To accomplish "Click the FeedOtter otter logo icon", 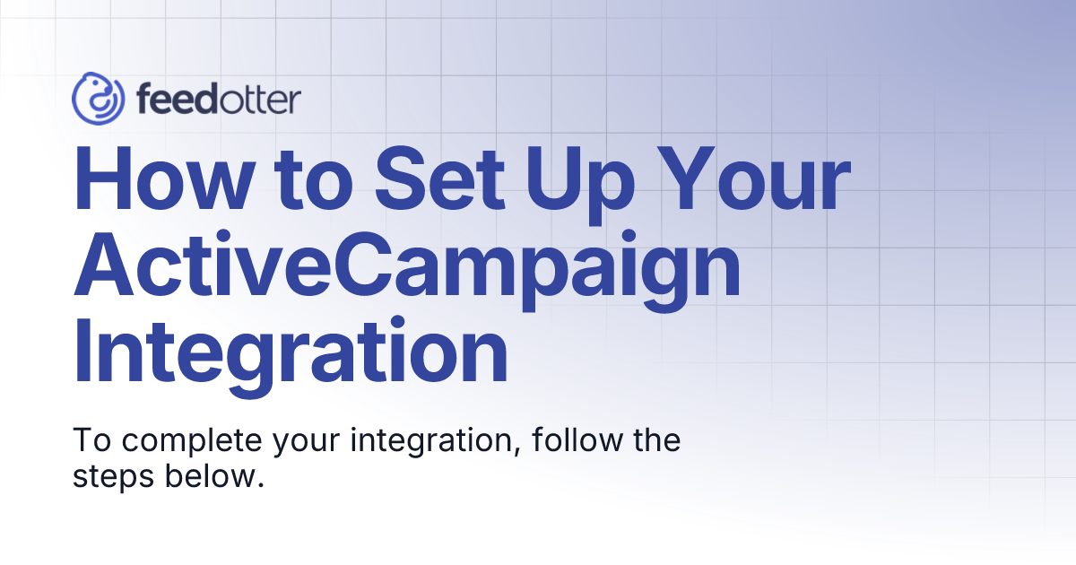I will click(97, 99).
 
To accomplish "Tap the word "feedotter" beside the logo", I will click(219, 100).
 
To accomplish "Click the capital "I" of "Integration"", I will click(83, 353).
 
